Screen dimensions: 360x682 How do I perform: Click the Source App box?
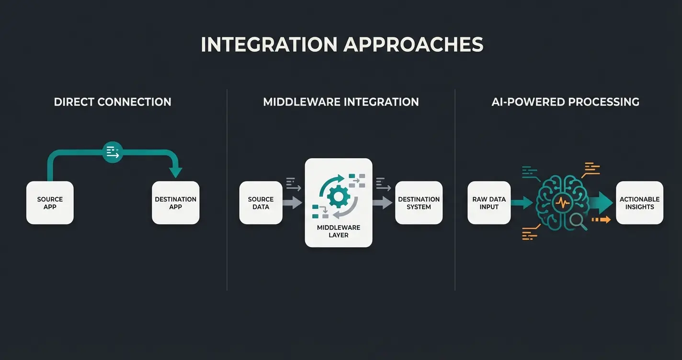point(50,203)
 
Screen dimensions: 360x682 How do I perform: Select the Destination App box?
point(175,203)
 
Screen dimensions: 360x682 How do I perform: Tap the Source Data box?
point(261,203)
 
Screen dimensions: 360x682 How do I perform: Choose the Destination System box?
point(419,203)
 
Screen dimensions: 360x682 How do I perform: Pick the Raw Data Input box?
point(489,203)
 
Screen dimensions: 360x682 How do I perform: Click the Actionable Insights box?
point(639,203)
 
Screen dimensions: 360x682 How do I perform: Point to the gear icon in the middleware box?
point(338,196)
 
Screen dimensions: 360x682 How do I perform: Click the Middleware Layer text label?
point(338,231)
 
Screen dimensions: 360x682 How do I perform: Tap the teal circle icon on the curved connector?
point(113,153)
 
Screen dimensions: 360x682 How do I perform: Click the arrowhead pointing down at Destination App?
point(176,172)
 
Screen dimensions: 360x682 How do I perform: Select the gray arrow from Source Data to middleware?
point(292,202)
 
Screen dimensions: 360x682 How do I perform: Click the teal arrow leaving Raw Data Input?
point(522,202)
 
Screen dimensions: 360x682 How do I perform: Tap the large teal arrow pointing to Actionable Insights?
point(601,202)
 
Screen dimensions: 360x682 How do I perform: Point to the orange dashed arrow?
point(602,220)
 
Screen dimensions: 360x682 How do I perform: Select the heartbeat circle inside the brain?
point(563,202)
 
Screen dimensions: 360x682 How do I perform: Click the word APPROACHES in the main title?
point(413,45)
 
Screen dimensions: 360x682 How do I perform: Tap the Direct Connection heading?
point(113,102)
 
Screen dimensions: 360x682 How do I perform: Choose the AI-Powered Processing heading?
point(565,102)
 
